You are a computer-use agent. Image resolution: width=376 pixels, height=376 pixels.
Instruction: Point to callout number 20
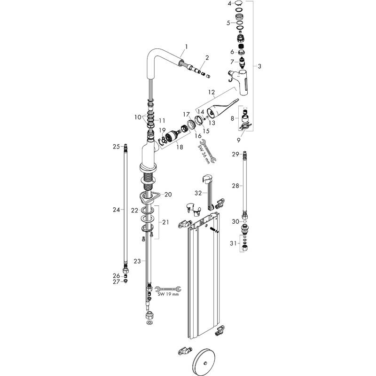coord(168,194)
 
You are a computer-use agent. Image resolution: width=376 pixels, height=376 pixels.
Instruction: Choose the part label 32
coord(198,193)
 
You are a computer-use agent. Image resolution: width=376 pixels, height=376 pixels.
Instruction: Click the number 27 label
coord(115,282)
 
